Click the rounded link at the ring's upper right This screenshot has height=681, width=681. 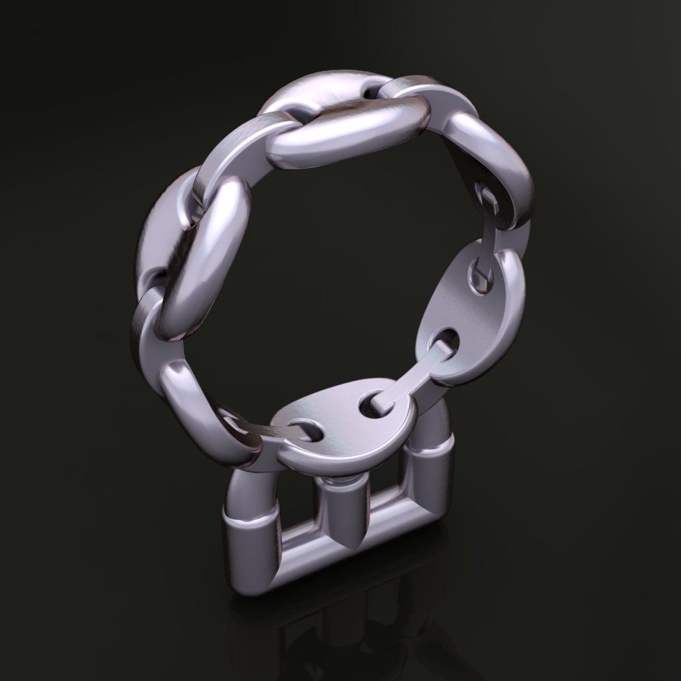pos(492,166)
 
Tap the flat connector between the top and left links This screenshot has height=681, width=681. pos(233,160)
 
